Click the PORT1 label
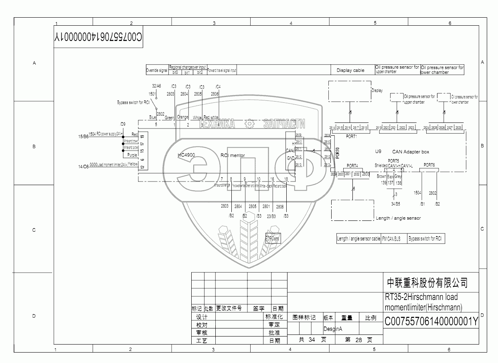coord(351,136)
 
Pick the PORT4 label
coord(352,165)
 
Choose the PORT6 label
coord(429,165)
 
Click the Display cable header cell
coord(350,70)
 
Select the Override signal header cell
coord(157,70)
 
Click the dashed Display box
coord(350,91)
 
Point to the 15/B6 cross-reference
coord(83,137)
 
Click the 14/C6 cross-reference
coord(83,166)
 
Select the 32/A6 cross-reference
coord(156,86)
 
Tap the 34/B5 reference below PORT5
coord(395,204)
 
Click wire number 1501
coord(152,94)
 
